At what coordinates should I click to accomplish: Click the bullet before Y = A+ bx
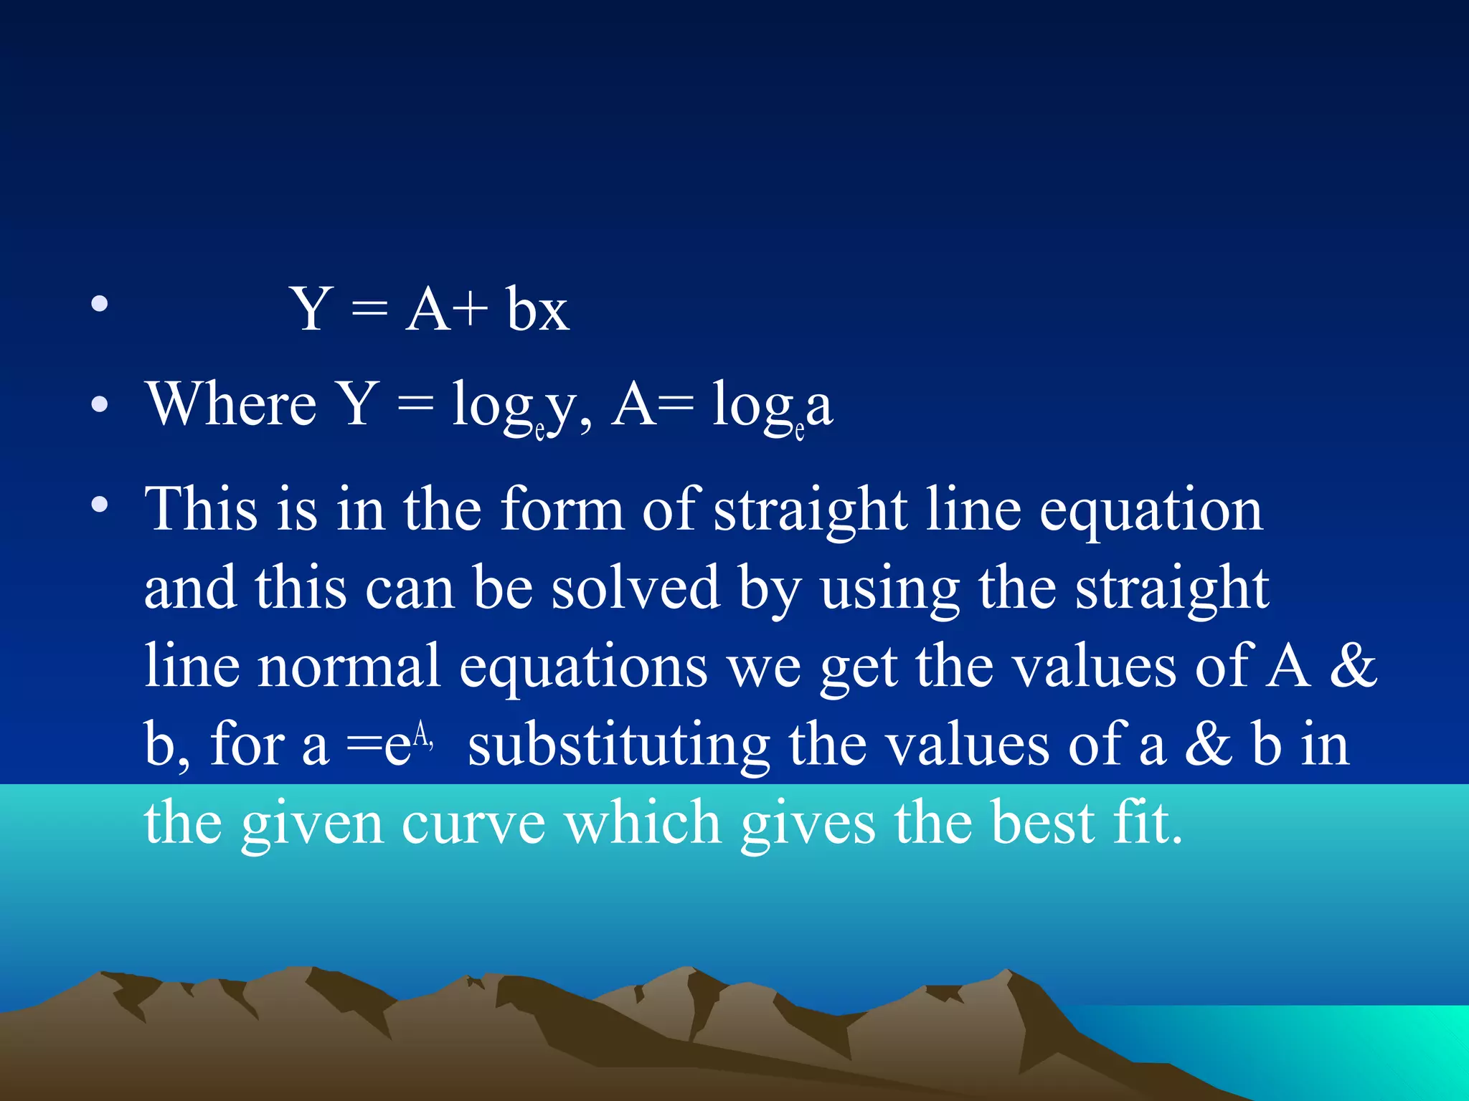pyautogui.click(x=100, y=304)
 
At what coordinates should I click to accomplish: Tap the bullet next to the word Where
pyautogui.click(x=100, y=405)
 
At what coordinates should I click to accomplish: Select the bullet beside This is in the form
pyautogui.click(x=100, y=505)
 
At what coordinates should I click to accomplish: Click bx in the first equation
pyautogui.click(x=537, y=310)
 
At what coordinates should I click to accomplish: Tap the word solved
pyautogui.click(x=636, y=587)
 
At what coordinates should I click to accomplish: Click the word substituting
pyautogui.click(x=619, y=745)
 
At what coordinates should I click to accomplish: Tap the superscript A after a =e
pyautogui.click(x=421, y=735)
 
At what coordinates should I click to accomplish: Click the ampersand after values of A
pyautogui.click(x=1352, y=666)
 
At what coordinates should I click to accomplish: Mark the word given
pyautogui.click(x=311, y=825)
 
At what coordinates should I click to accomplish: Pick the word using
pyautogui.click(x=890, y=590)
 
